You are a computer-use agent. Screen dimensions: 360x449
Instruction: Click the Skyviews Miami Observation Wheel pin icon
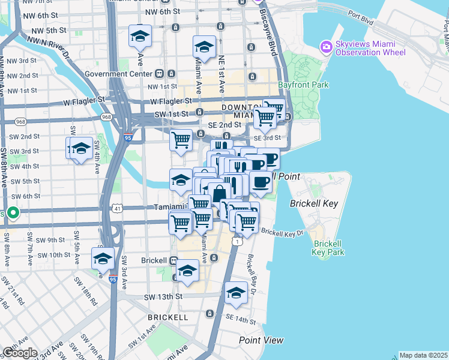(x=327, y=47)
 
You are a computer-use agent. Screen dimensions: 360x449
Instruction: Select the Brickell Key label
(x=314, y=203)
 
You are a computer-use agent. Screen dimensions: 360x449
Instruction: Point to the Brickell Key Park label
(x=328, y=248)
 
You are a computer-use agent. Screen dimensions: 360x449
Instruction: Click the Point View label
(x=261, y=340)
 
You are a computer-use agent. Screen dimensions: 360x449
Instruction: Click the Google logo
(x=20, y=353)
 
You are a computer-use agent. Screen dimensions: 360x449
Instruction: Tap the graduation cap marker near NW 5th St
(x=140, y=37)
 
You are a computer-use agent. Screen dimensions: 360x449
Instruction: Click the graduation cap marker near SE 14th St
(x=236, y=293)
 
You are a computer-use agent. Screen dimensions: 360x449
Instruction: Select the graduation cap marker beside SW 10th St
(x=103, y=259)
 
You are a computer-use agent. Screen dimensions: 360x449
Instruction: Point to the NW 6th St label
(x=42, y=14)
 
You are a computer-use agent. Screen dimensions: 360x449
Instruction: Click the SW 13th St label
(x=163, y=296)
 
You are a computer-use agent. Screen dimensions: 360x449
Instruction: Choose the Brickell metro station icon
(x=173, y=261)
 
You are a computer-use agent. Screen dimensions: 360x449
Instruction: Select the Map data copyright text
(x=423, y=355)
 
